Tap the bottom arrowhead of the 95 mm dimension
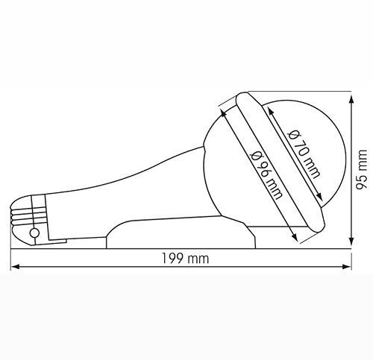tap(351, 244)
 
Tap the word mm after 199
tap(198, 259)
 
